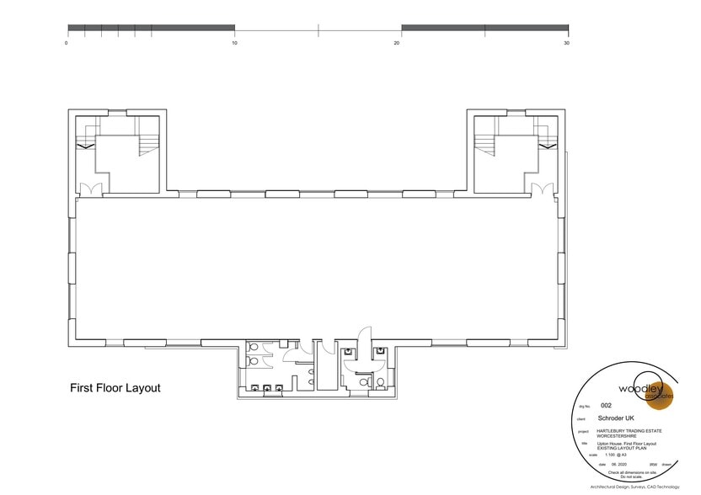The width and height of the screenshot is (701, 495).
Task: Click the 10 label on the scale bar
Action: pyautogui.click(x=234, y=43)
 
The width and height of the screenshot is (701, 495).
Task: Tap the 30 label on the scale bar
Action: pyautogui.click(x=566, y=43)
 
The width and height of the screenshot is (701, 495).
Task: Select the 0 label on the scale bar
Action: pyautogui.click(x=67, y=43)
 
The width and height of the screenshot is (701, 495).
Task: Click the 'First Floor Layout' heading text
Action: pyautogui.click(x=115, y=389)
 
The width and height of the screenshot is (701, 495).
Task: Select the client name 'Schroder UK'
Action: pyautogui.click(x=615, y=418)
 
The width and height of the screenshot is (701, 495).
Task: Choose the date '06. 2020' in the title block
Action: pyautogui.click(x=607, y=464)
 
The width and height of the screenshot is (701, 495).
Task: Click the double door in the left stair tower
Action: pyautogui.click(x=89, y=188)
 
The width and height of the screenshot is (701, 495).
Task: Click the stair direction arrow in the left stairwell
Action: pyautogui.click(x=85, y=146)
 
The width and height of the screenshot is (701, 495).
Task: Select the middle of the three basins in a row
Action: pyautogui.click(x=267, y=388)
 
